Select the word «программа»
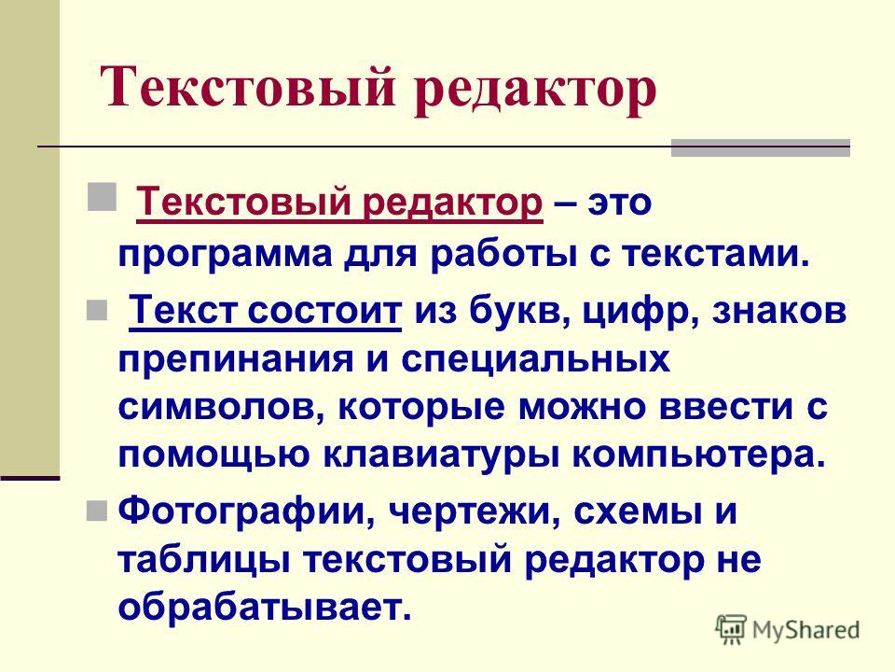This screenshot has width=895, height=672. pyautogui.click(x=225, y=254)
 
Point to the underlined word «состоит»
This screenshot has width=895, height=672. pyautogui.click(x=324, y=312)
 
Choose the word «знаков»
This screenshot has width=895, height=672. pyautogui.click(x=778, y=312)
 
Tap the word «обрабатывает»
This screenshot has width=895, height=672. pyautogui.click(x=258, y=608)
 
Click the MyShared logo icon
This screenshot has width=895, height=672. pyautogui.click(x=731, y=630)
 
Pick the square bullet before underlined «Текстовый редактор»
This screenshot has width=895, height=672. pyautogui.click(x=103, y=197)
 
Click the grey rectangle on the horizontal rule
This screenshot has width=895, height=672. pyautogui.click(x=761, y=147)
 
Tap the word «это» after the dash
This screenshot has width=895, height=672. pyautogui.click(x=620, y=203)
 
